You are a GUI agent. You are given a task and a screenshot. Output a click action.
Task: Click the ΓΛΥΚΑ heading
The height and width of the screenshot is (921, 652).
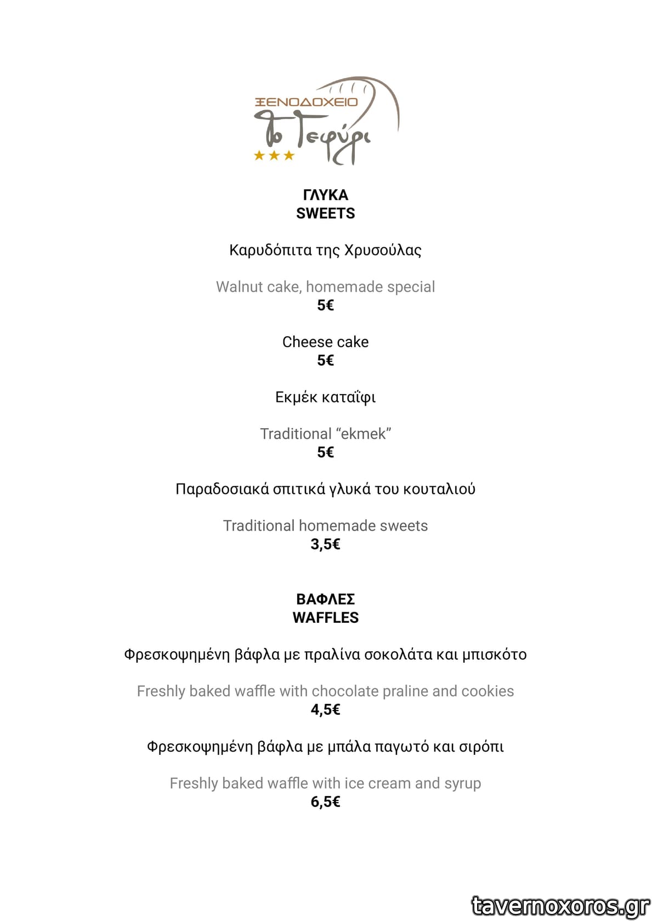tap(325, 195)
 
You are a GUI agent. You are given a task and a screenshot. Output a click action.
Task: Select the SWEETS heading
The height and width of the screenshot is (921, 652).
tap(325, 213)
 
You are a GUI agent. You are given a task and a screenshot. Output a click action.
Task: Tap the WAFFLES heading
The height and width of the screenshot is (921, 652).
tap(325, 617)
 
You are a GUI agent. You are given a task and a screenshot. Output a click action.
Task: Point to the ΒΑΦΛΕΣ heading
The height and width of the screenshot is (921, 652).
tap(325, 599)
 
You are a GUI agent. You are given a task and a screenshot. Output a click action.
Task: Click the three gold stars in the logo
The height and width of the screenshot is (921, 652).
tap(274, 156)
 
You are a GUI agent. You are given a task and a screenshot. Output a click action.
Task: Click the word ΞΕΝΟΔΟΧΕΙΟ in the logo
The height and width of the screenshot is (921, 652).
tap(307, 102)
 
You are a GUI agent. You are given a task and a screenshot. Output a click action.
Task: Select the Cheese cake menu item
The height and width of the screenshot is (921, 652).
tap(325, 342)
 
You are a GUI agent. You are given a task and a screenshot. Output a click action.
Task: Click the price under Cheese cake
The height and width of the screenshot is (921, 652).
tap(325, 360)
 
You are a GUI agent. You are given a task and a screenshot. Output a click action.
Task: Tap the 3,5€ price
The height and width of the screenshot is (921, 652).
tap(325, 544)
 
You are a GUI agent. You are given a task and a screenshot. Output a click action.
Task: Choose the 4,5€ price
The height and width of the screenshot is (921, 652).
tap(325, 709)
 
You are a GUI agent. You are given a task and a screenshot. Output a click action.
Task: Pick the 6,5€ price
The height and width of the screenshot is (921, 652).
tap(325, 801)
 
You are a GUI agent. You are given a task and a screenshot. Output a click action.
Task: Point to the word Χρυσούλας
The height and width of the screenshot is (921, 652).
tap(383, 250)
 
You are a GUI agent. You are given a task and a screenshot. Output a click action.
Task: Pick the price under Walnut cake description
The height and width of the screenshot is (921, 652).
tap(325, 305)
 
